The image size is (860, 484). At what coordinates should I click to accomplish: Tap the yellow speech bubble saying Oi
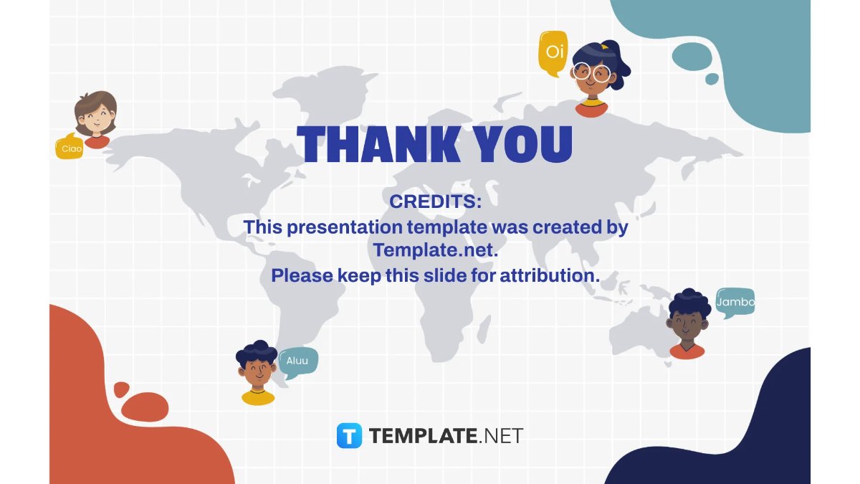click(553, 52)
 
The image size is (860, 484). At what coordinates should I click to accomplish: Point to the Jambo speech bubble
click(735, 302)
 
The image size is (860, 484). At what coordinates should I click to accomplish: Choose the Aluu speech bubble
click(297, 361)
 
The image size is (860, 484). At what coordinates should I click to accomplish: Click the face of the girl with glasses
click(591, 75)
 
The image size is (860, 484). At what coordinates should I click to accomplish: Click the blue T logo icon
click(350, 435)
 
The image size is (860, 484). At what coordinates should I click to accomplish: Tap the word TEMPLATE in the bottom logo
click(423, 435)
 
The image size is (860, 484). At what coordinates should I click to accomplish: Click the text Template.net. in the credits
click(435, 251)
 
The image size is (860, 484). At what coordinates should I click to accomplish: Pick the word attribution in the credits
click(549, 275)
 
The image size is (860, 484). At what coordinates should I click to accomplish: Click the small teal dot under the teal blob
click(712, 79)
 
